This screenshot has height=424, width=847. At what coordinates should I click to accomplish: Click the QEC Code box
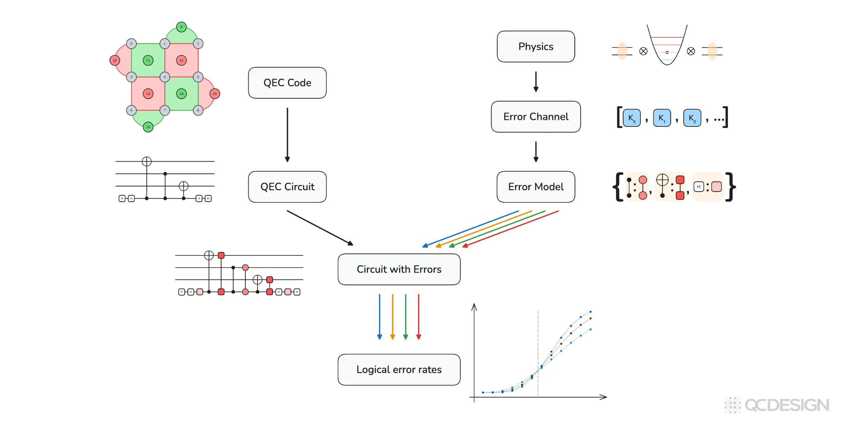tap(287, 83)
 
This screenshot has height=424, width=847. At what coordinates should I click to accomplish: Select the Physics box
tap(536, 46)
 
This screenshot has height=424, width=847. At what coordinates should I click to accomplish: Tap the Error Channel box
tap(536, 117)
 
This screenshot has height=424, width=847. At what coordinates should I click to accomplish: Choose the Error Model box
tap(536, 187)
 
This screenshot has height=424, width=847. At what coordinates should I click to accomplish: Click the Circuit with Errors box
tap(399, 269)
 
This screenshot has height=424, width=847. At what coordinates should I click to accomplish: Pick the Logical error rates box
tap(399, 369)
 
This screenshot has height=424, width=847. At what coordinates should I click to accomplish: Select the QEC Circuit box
tap(287, 187)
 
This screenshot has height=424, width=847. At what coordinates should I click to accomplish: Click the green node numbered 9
tap(181, 27)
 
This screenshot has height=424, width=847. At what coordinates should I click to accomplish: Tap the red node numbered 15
tap(214, 94)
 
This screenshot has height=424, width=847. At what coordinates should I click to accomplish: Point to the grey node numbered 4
tap(165, 77)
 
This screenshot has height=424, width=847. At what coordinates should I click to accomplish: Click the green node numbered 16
tap(148, 127)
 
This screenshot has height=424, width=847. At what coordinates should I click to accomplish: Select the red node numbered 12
tap(181, 60)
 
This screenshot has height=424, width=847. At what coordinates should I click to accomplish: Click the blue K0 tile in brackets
tap(632, 118)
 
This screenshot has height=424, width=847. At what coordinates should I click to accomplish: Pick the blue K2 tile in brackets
tap(692, 118)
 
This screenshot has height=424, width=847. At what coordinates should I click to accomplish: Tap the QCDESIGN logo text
tap(787, 405)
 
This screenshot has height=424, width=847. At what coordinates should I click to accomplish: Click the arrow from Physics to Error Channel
tap(536, 81)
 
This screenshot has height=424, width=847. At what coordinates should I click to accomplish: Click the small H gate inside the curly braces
tap(699, 187)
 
